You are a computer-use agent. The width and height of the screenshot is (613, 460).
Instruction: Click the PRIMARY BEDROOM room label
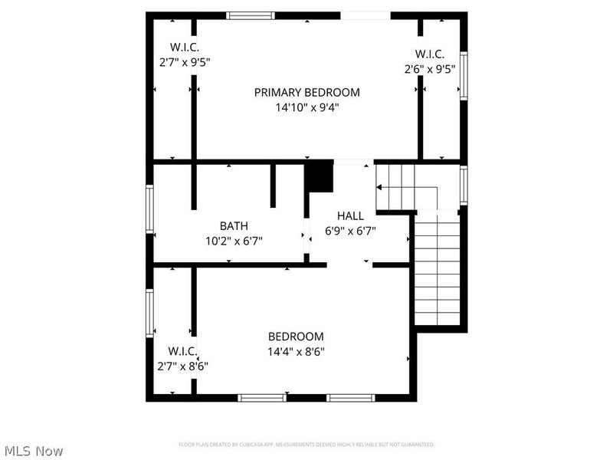click(x=306, y=92)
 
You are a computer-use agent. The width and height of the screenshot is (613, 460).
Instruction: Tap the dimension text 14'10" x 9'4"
click(x=306, y=108)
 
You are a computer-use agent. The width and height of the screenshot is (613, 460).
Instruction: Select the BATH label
click(x=234, y=225)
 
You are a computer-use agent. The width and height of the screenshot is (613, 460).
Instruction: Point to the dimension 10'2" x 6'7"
click(x=234, y=241)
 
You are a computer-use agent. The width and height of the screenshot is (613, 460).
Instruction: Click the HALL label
click(x=350, y=215)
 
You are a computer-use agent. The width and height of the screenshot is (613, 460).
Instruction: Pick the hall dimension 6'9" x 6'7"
click(x=350, y=230)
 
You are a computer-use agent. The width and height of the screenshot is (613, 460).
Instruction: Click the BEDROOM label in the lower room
click(x=295, y=336)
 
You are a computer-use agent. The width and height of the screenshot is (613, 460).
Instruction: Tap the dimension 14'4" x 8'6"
click(x=295, y=352)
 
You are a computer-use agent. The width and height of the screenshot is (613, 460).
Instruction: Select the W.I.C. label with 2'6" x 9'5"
click(x=430, y=54)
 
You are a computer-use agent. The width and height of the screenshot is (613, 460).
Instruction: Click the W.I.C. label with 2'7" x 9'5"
click(x=185, y=48)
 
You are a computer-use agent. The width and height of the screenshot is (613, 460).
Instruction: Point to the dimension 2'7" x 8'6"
click(x=183, y=366)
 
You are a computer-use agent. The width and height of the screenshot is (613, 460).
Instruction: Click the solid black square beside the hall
click(x=320, y=178)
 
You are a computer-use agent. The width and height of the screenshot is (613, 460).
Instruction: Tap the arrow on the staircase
click(x=379, y=186)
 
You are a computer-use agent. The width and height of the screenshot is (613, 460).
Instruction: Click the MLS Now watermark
click(x=34, y=451)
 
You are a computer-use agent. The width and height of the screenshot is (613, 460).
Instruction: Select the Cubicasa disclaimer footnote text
click(x=306, y=444)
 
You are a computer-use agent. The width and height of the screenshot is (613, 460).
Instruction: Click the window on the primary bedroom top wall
click(x=251, y=15)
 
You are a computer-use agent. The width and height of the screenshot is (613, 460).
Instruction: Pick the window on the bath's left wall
click(x=150, y=209)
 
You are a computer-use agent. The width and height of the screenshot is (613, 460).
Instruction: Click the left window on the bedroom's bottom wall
click(x=261, y=398)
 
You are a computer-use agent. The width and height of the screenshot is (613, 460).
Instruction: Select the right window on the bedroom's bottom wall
click(x=350, y=398)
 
